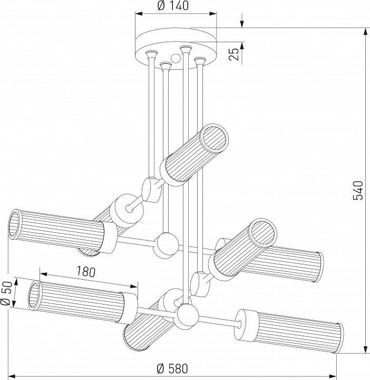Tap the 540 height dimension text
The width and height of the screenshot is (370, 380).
(358, 190)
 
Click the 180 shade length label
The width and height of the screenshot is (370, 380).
(85, 272)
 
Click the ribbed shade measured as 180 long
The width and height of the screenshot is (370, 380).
(79, 301)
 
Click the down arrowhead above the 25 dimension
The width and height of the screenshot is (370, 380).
(242, 24)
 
